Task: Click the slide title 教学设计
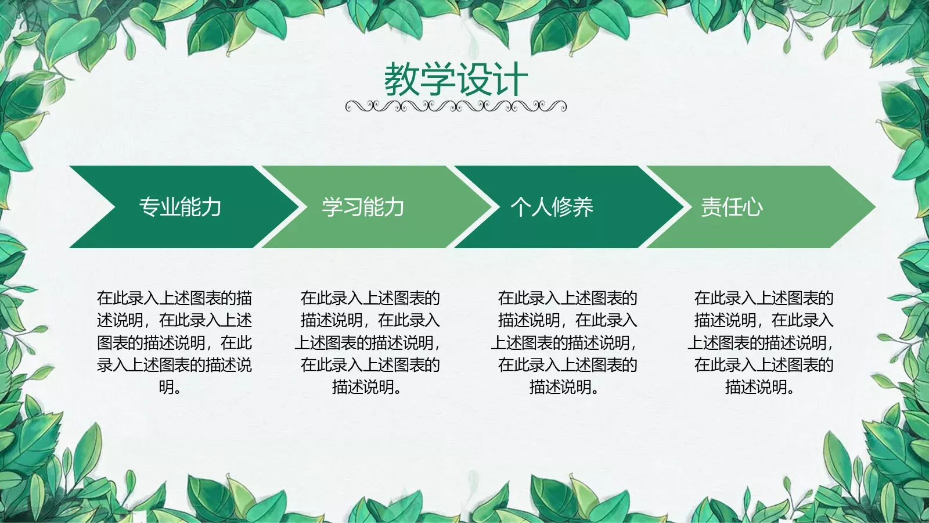point(456,80)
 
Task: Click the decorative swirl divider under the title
point(456,106)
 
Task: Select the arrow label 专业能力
point(180,207)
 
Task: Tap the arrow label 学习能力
point(363,207)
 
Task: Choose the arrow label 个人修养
point(552,207)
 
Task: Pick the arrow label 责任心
point(732,207)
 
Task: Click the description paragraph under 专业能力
point(174,342)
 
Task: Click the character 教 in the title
point(402,80)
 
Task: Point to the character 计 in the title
point(510,80)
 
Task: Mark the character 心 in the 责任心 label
point(752,207)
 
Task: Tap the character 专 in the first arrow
point(149,207)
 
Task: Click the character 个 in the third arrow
point(521,207)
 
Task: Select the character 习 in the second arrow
point(353,207)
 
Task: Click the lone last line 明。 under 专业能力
point(170,387)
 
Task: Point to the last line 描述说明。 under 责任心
point(759,387)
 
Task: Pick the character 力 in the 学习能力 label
point(394,207)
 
